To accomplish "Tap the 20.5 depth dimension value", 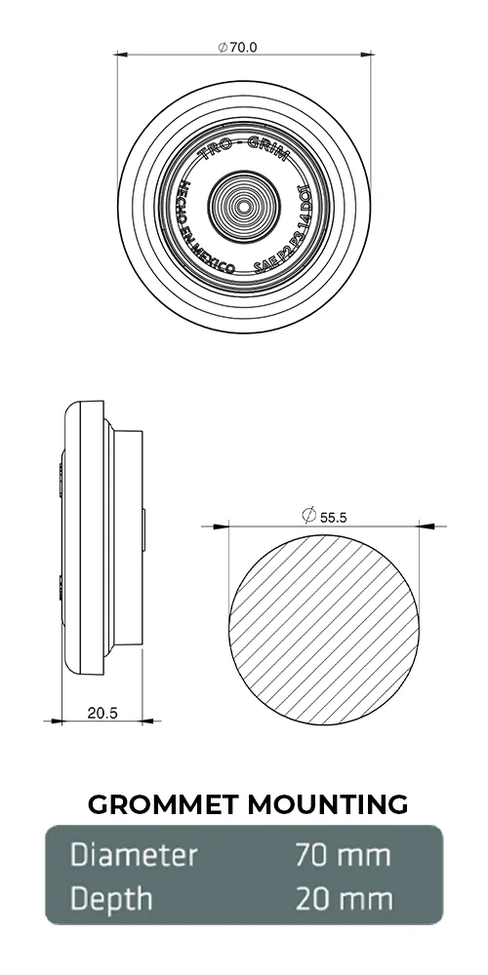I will click(102, 713).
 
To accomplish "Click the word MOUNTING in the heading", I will click(327, 804).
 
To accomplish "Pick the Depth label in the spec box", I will click(111, 898).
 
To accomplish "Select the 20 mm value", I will click(343, 898).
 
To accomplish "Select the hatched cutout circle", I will click(326, 630).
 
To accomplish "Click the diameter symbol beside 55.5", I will click(308, 515).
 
